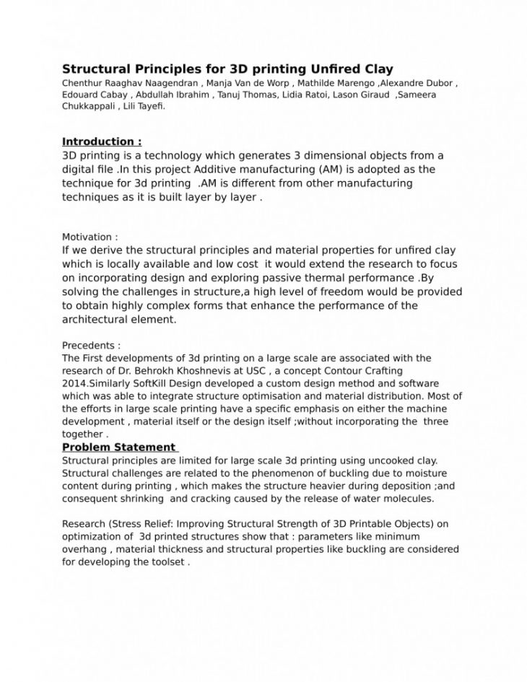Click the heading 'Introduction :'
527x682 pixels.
102,141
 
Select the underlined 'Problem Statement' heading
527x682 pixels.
118,447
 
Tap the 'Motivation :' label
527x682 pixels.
90,237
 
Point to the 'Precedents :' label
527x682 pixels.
91,346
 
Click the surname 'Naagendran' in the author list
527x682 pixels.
167,83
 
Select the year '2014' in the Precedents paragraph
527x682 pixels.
74,382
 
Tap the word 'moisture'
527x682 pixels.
427,473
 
